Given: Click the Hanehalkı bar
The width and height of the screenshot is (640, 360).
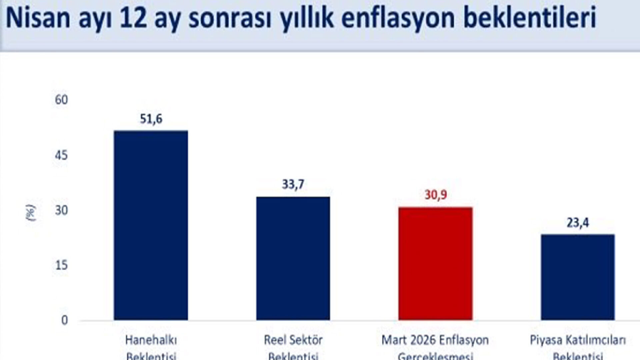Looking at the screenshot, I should (x=151, y=225).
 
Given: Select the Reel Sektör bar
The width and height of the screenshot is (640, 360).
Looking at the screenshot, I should (x=293, y=258).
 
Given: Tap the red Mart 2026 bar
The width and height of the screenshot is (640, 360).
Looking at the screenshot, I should (x=435, y=263).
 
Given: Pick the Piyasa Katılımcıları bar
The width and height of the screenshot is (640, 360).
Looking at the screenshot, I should (x=578, y=277).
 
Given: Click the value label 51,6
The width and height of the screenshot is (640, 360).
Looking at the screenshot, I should (x=151, y=119).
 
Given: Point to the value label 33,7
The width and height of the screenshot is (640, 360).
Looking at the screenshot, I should (x=293, y=185).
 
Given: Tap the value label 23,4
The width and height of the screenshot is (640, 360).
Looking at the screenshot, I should (x=578, y=223).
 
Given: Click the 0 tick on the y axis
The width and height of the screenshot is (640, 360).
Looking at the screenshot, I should (x=64, y=320).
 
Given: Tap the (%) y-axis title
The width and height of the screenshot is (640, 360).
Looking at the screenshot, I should (x=31, y=213).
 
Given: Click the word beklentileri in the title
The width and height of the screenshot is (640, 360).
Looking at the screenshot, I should (x=530, y=19).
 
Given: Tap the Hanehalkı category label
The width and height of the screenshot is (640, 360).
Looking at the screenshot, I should (x=151, y=340).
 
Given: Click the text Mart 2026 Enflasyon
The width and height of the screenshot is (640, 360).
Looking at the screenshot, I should (x=435, y=340).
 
